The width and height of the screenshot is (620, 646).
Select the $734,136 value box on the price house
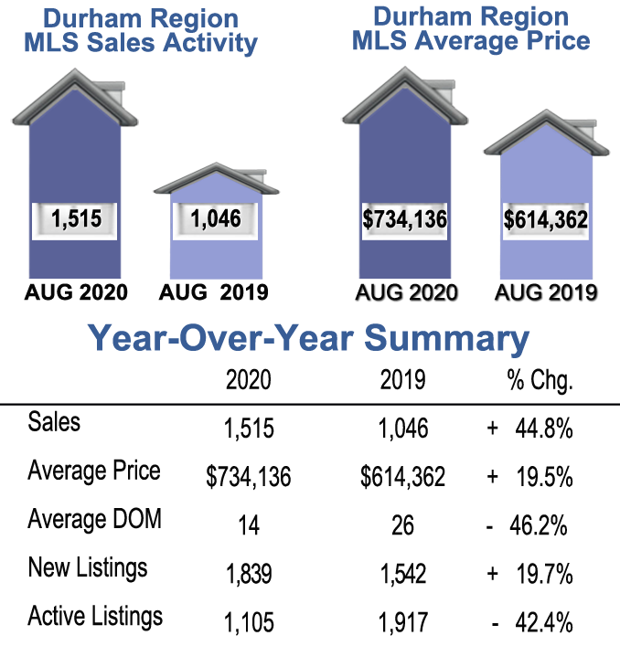coord(403,220)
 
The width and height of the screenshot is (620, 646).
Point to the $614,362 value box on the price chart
coord(545,220)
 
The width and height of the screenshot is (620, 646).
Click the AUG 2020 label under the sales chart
coord(75,292)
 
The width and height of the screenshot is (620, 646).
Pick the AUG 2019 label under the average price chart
coord(546,292)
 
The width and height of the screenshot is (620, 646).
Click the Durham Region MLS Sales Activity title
coord(137,31)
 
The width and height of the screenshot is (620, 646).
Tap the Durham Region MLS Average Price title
coord(471,28)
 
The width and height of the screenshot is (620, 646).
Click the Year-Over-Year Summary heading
coord(309,339)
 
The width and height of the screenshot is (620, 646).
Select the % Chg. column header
coord(540,381)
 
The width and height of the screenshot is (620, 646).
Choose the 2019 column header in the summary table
coord(401,381)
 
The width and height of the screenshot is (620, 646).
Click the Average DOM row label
coord(94,520)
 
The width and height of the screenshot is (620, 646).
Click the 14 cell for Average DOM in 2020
coord(248,525)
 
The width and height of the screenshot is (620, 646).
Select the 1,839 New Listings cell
coord(248,574)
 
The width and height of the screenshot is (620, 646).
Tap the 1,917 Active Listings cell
coord(401,623)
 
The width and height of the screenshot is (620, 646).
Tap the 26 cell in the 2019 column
coord(401,525)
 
